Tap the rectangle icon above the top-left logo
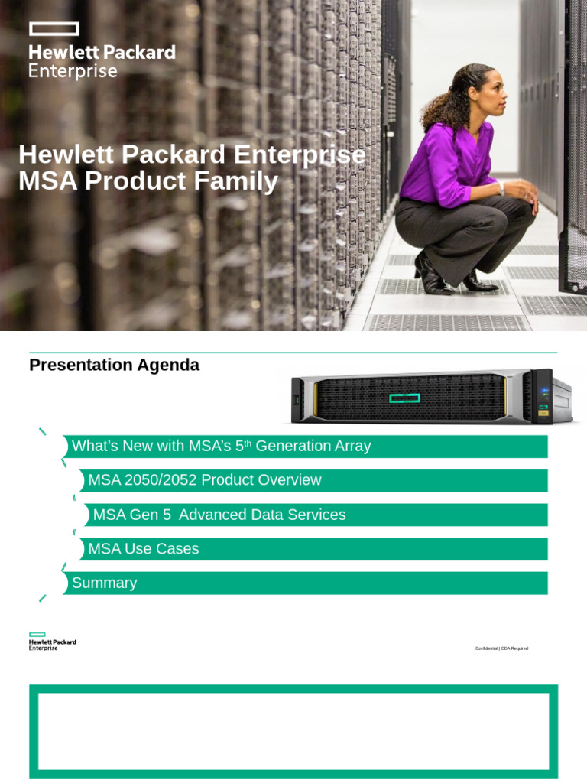(54, 29)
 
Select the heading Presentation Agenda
(114, 365)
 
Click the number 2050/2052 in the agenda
(159, 480)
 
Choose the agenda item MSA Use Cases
(144, 548)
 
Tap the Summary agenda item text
(104, 583)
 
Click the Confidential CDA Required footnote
(501, 648)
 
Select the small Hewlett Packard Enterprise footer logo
(52, 642)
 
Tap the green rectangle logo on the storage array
(405, 398)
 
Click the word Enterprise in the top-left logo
(73, 72)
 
